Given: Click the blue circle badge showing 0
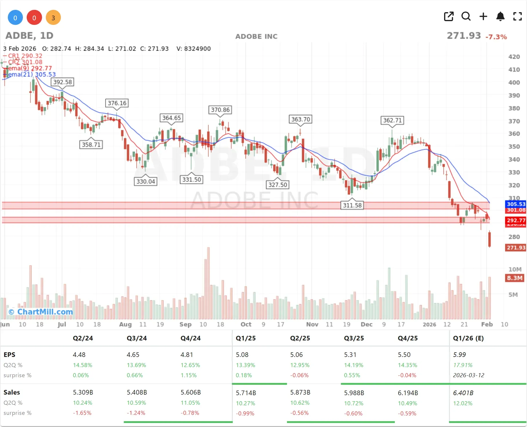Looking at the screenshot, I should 15,18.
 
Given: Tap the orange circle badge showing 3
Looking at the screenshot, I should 53,18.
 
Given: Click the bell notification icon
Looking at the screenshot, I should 500,17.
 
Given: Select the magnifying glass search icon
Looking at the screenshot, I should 466,17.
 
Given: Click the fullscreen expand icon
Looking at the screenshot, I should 517,17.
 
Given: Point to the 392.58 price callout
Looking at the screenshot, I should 63,82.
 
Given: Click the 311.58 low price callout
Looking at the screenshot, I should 352,205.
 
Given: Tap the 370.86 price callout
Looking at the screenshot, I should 220,110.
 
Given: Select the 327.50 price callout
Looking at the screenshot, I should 277,185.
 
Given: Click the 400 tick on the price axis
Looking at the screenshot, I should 514,83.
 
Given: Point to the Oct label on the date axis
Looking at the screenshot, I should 246,324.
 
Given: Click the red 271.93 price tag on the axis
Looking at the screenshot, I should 516,248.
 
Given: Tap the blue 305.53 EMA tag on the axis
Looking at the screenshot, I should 516,204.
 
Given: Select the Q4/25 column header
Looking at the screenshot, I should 408,338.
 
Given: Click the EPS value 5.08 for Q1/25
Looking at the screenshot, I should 242,355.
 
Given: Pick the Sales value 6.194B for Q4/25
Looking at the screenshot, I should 408,393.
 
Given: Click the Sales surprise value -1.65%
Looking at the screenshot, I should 82,413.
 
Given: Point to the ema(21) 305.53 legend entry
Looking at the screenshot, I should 31,74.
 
